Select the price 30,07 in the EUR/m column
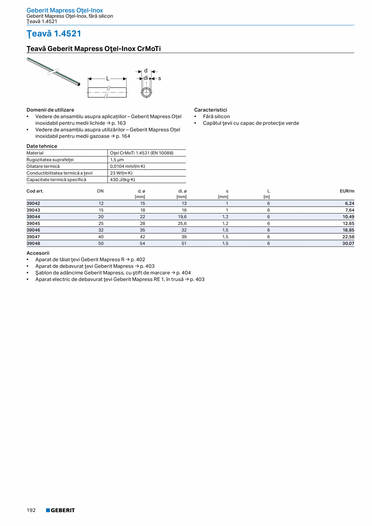pos(348,243)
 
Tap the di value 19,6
pos(182,217)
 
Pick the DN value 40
pos(101,237)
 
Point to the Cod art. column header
pos(35,191)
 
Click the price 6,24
pos(349,203)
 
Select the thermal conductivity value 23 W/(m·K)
pos(121,173)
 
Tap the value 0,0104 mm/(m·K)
pos(127,166)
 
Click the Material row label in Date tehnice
pos(35,153)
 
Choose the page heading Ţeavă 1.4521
pos(54,34)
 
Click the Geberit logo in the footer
pos(60,510)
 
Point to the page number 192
pos(31,510)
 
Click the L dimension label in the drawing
pos(108,79)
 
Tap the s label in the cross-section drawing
pos(159,78)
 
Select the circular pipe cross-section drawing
pos(146,92)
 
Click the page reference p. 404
pos(184,273)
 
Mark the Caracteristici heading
pos(211,110)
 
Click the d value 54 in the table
pos(142,243)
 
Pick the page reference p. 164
pos(123,136)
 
